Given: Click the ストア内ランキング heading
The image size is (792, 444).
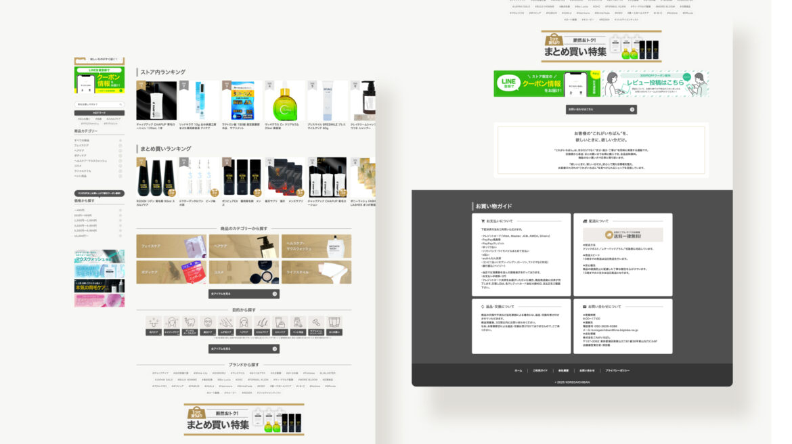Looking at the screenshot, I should pyautogui.click(x=163, y=72).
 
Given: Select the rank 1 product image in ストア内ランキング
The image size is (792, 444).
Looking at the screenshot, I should pyautogui.click(x=156, y=101).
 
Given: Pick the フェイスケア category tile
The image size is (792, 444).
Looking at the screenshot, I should pyautogui.click(x=171, y=246).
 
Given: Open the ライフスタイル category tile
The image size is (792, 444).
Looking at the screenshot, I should pyautogui.click(x=316, y=272).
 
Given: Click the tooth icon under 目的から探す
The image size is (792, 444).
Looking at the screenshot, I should pyautogui.click(x=190, y=322).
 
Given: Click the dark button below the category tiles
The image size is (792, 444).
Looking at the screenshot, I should pyautogui.click(x=244, y=294).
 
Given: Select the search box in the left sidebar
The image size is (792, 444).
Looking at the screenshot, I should pyautogui.click(x=99, y=104).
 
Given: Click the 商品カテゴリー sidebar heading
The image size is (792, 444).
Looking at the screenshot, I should pyautogui.click(x=86, y=131).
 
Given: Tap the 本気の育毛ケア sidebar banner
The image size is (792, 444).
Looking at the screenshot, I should pyautogui.click(x=100, y=285).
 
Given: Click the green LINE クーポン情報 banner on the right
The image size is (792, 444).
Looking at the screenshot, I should pyautogui.click(x=546, y=84).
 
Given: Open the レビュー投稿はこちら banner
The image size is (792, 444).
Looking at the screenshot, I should pyautogui.click(x=655, y=84).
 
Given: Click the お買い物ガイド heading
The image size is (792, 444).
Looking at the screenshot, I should pyautogui.click(x=493, y=206).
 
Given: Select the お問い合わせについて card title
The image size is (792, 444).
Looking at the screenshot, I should pyautogui.click(x=597, y=306).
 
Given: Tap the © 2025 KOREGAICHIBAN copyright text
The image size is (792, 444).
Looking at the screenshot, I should pyautogui.click(x=572, y=382).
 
